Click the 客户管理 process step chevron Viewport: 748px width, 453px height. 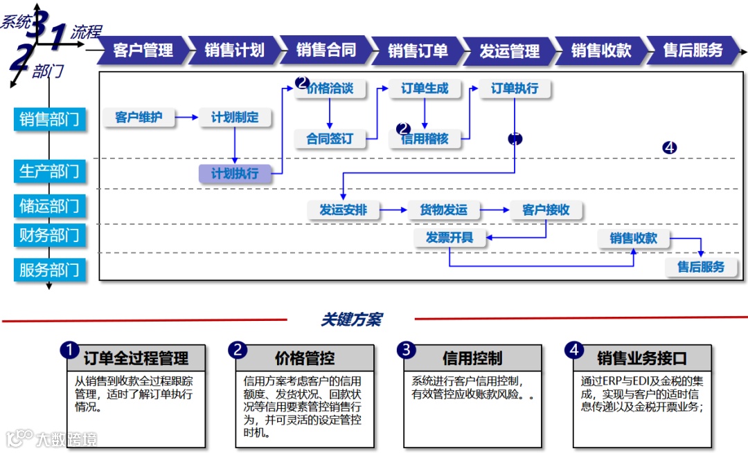(x=143, y=50)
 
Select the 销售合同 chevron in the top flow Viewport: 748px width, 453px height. (x=326, y=50)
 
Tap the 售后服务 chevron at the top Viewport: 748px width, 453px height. (x=693, y=50)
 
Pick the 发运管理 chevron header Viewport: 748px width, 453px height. (x=509, y=50)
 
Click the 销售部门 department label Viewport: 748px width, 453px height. (x=50, y=119)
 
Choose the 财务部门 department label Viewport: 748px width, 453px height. (x=50, y=235)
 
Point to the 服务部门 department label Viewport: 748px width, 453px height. (x=50, y=270)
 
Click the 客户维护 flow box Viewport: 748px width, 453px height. (x=139, y=118)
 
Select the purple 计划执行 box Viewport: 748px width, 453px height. (x=235, y=173)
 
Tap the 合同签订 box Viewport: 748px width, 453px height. (x=330, y=138)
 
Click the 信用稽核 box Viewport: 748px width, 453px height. (x=425, y=138)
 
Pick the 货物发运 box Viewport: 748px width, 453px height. (x=443, y=210)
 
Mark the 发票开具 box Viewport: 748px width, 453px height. (x=449, y=238)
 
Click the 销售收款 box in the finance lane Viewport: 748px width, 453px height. (x=634, y=239)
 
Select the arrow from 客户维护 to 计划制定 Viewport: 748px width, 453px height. (x=186, y=118)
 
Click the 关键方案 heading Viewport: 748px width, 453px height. (x=351, y=320)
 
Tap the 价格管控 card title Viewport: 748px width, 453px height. (x=305, y=358)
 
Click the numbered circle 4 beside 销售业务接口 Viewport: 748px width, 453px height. (x=573, y=350)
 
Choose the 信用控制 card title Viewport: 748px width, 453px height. (x=472, y=358)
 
